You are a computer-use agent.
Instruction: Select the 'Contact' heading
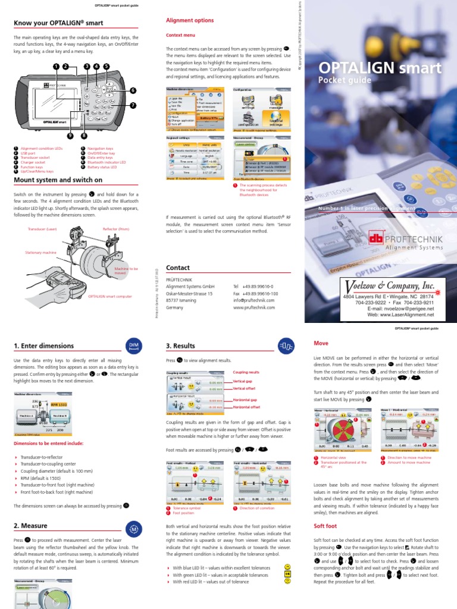(x=177, y=268)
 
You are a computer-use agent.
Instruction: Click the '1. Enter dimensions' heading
(x=45, y=346)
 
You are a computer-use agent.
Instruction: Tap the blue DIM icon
(x=133, y=346)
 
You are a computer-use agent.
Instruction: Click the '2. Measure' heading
(x=30, y=526)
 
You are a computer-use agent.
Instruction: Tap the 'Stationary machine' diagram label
(x=40, y=253)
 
